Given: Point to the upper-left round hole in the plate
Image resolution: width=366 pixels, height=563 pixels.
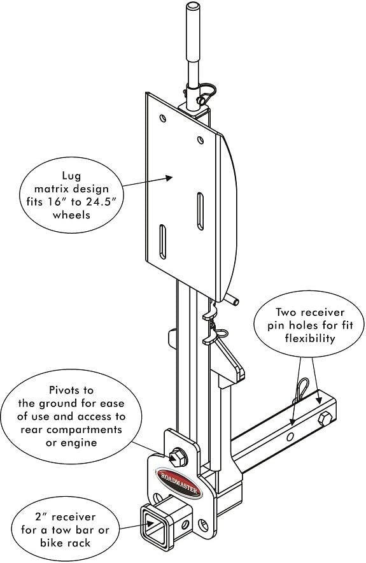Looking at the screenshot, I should (163, 118).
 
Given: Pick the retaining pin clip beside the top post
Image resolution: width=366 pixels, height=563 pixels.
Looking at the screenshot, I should (206, 96).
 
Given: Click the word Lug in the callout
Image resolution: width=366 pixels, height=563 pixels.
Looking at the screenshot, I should (71, 175).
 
